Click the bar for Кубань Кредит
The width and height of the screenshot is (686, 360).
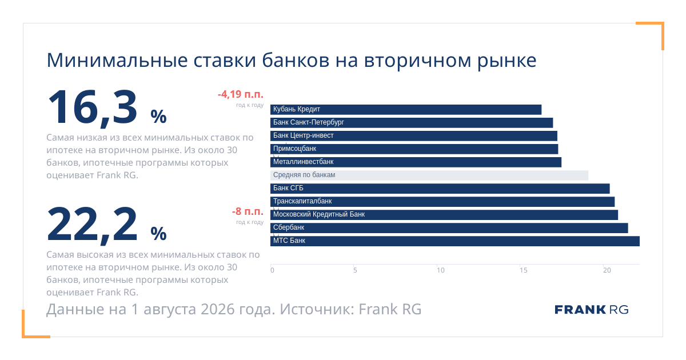click(406, 110)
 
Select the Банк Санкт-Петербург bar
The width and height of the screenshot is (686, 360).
click(412, 123)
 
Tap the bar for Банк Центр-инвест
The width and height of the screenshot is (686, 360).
click(414, 136)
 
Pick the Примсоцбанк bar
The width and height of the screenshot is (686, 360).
click(414, 149)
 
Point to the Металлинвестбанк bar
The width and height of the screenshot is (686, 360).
click(416, 162)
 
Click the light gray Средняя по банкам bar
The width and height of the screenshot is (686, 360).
click(429, 175)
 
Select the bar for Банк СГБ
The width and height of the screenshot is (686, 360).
click(440, 189)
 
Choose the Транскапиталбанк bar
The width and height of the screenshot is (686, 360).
click(442, 202)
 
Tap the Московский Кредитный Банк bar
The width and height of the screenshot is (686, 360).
click(444, 215)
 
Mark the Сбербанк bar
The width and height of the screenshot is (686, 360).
click(449, 228)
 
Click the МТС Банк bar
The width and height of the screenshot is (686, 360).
click(455, 241)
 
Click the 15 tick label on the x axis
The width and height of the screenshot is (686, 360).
click(524, 270)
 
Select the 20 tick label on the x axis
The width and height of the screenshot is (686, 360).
click(607, 270)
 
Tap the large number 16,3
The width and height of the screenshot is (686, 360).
click(93, 108)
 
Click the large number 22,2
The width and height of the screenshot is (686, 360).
click(92, 225)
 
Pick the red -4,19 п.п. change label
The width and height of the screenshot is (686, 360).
click(241, 94)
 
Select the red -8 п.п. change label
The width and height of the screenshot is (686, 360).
click(248, 211)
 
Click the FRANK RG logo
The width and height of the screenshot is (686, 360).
click(591, 310)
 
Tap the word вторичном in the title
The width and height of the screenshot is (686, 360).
click(417, 61)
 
